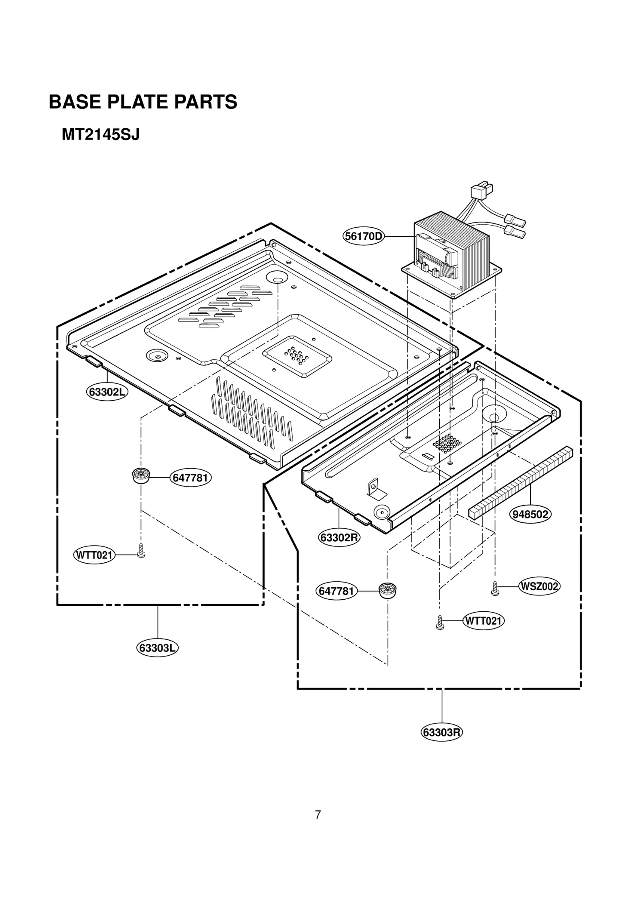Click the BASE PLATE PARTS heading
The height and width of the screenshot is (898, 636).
coord(143,102)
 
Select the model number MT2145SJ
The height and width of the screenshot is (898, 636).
coord(101,135)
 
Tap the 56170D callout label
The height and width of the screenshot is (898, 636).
coord(363,237)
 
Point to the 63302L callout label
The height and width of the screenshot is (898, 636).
coord(107,392)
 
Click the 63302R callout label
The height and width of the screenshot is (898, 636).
coord(339,538)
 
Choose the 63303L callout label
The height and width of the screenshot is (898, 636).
coord(157,648)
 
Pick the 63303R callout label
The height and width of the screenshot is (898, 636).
coord(442,732)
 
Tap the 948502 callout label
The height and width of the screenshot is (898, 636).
coord(530,514)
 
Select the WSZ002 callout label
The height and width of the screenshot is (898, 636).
coord(539,586)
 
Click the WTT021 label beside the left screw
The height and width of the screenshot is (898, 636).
coord(94,555)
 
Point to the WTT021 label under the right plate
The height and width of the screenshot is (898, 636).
coord(483,621)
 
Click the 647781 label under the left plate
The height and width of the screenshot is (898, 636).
coord(191,477)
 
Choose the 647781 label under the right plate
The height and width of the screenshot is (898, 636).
coord(336,591)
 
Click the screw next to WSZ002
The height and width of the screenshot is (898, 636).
coord(495,588)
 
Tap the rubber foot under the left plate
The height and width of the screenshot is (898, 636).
coord(141,475)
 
